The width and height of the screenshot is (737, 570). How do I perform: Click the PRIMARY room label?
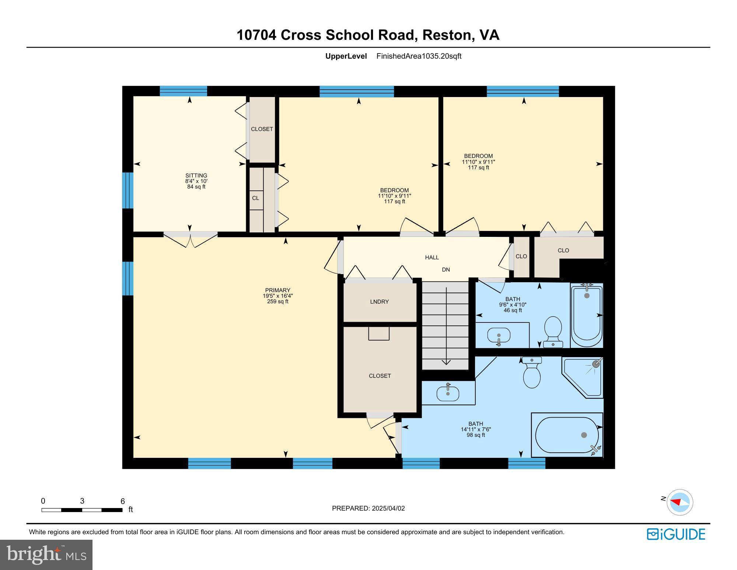(x=277, y=290)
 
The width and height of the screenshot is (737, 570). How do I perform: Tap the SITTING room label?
(x=196, y=176)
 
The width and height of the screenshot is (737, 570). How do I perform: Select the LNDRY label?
(x=379, y=302)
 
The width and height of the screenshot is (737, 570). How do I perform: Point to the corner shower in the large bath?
(x=584, y=376)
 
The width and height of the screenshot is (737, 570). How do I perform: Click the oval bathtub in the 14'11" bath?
(x=567, y=435)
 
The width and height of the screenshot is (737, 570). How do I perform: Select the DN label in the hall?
(x=446, y=270)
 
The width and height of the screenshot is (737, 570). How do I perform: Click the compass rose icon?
(x=680, y=502)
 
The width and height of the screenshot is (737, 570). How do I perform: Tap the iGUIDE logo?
(x=676, y=534)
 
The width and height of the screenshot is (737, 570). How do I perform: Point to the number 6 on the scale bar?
(x=123, y=501)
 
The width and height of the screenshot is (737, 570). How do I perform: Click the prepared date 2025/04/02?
(x=388, y=508)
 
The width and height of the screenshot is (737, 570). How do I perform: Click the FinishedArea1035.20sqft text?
(x=419, y=56)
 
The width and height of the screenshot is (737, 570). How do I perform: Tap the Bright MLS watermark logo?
(x=46, y=555)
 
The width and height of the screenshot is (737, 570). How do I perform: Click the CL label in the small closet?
(x=255, y=198)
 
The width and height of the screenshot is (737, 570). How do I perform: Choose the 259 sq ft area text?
(x=277, y=301)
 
